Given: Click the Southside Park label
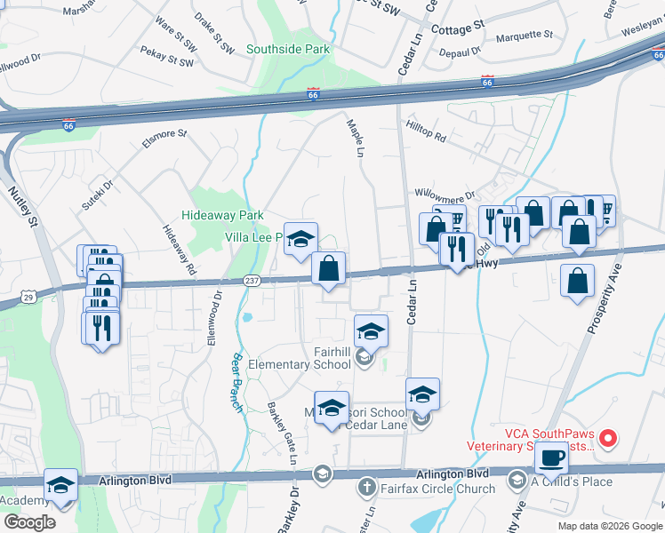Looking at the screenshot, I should tap(288, 50).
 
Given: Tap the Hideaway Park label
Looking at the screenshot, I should tap(222, 215).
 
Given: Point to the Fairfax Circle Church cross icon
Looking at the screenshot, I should tap(365, 487).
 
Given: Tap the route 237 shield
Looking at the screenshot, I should tap(251, 281).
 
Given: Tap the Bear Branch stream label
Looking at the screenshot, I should tap(236, 376).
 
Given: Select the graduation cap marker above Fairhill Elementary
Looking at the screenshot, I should tap(371, 332).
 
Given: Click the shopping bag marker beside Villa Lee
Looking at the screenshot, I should tap(328, 267).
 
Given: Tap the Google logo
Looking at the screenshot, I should tap(29, 522).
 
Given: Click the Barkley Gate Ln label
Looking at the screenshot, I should tap(281, 434).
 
